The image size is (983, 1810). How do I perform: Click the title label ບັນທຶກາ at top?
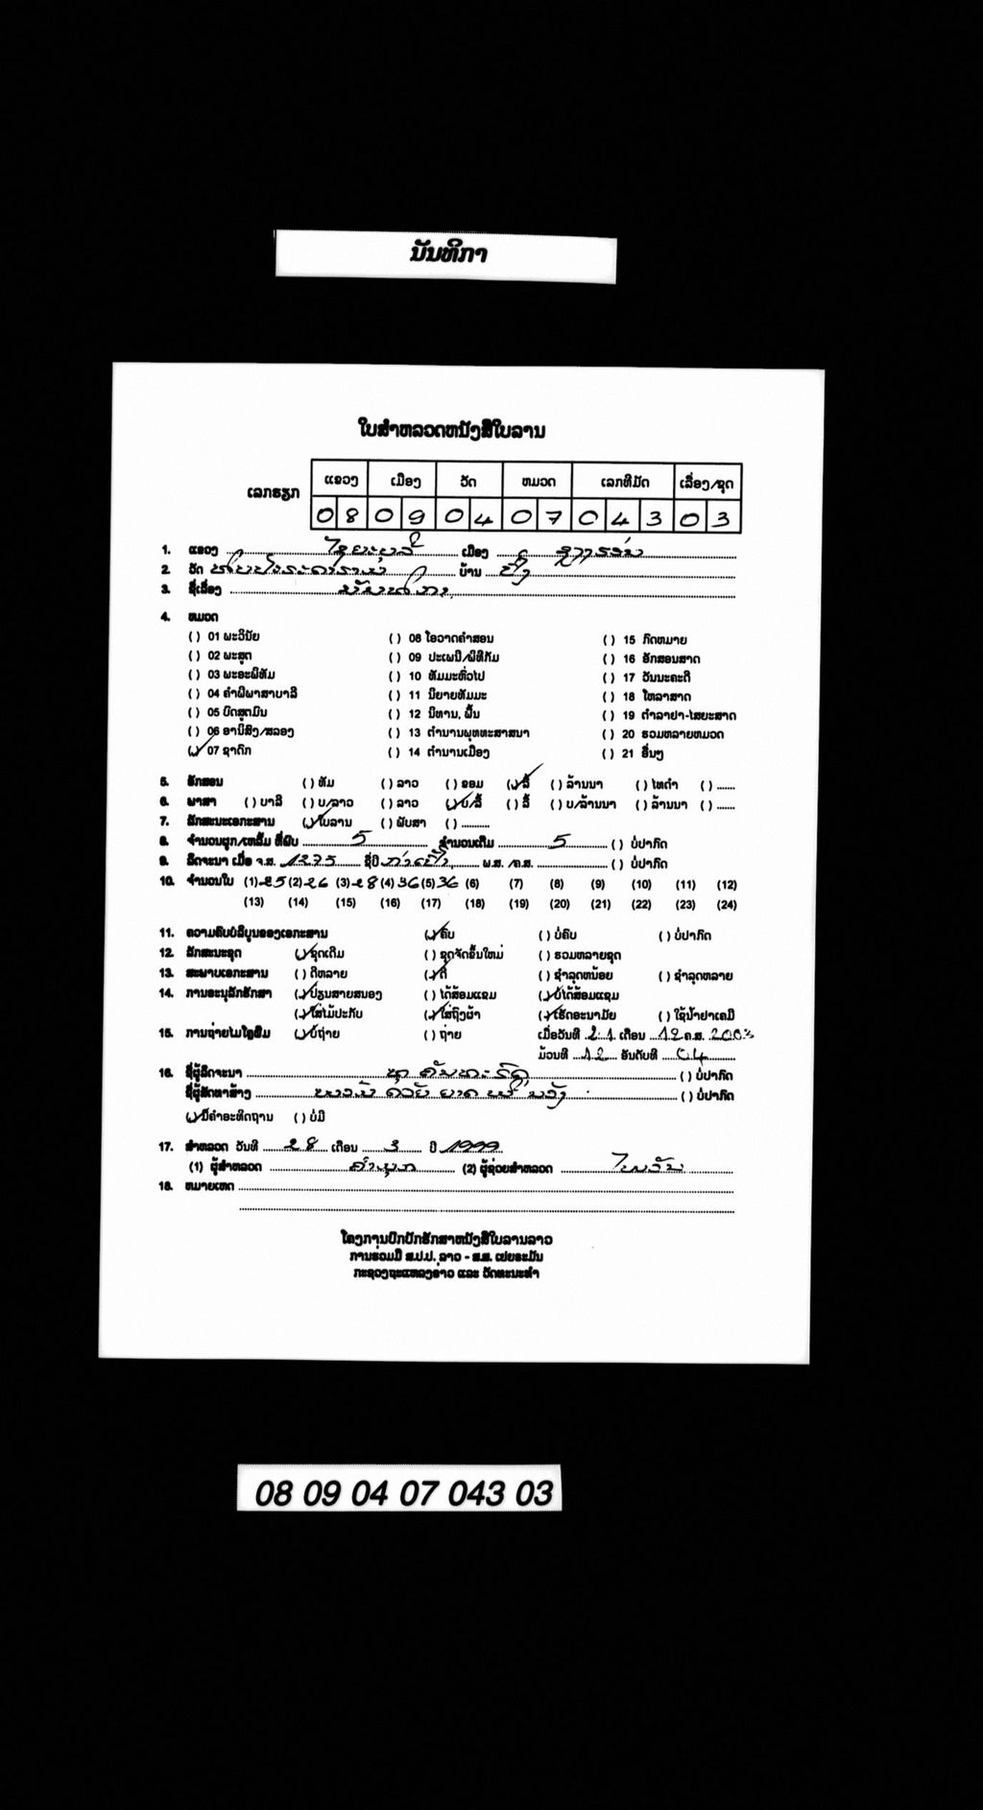tap(447, 255)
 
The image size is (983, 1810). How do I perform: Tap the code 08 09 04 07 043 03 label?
tap(403, 1493)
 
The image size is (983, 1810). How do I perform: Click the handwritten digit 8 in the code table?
tap(351, 517)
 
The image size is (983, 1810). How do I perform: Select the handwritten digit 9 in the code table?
tap(417, 517)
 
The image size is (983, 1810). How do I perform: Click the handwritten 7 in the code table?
tap(553, 517)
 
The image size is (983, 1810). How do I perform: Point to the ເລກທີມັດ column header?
tap(625, 482)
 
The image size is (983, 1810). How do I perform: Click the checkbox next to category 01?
tap(195, 637)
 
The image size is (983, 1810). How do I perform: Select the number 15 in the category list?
tap(629, 640)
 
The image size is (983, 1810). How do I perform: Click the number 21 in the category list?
tap(629, 753)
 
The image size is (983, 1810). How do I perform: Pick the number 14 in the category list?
tap(414, 752)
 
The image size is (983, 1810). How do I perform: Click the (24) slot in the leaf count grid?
tap(727, 904)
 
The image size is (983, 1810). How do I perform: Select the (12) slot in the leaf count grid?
tap(727, 884)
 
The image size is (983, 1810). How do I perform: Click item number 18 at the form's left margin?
tap(166, 1187)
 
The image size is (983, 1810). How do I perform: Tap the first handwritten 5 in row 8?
tap(359, 838)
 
